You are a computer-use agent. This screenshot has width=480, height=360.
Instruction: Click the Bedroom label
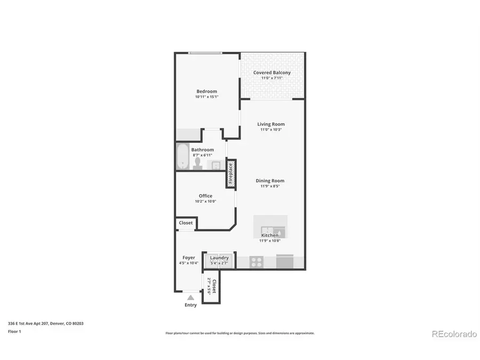coord(206,91)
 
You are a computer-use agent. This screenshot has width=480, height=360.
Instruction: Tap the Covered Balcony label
coord(272,73)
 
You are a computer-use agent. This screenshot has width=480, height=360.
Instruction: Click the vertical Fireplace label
coord(231,174)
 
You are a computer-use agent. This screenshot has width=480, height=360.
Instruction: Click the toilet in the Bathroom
coord(197,162)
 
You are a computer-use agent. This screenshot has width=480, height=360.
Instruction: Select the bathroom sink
coord(216,164)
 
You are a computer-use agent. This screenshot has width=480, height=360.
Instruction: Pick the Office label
coord(205,196)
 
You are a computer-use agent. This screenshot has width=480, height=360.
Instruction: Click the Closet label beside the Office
coord(186,223)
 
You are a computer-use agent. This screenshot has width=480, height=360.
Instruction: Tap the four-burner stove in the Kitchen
coord(257,262)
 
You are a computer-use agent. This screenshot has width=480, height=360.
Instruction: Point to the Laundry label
coord(219,258)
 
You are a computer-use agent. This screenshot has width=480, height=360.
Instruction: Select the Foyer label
coord(188,258)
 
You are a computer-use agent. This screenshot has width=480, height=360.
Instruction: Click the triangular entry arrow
coord(190,298)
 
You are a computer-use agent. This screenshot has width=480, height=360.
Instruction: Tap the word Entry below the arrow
coord(190,305)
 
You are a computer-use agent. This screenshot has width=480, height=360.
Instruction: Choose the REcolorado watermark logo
coord(453,334)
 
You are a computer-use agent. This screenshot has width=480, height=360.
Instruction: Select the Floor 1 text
coord(14,331)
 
